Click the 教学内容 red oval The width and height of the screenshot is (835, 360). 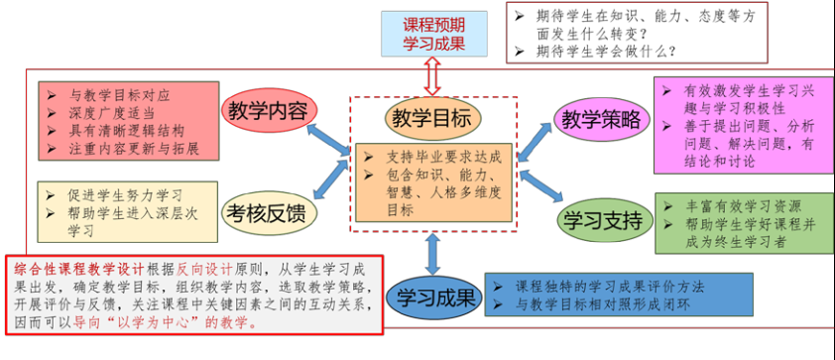point(269,112)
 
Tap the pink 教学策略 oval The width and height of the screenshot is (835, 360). point(602,121)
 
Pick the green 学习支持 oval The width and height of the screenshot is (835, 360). point(606,220)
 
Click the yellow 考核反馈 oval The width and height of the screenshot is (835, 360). point(269,214)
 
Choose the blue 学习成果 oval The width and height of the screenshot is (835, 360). point(434,298)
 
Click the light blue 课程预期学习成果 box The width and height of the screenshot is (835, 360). point(434,34)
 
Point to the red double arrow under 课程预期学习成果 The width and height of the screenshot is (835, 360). point(433,76)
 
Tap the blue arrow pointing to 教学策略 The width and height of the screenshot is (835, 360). point(536,142)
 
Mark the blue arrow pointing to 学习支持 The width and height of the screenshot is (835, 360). point(541,185)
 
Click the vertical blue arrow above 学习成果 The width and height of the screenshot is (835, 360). point(433,254)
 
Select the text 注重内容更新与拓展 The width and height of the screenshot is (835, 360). point(123,149)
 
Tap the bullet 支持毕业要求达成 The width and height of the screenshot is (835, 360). point(433,158)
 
